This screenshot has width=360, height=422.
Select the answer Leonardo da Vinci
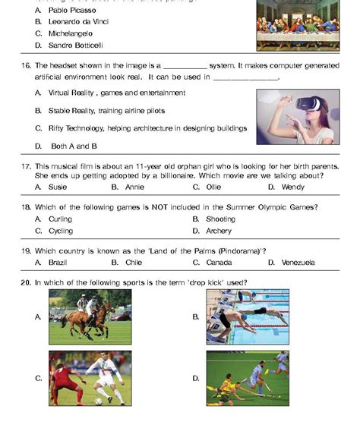[x=77, y=22]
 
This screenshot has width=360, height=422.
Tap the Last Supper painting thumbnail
[x=297, y=27]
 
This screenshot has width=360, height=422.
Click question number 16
[x=26, y=66]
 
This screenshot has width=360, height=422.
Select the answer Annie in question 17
[x=134, y=186]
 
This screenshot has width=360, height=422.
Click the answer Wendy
[x=292, y=186]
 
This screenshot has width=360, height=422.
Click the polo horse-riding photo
[x=90, y=316]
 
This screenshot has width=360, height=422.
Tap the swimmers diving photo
[x=248, y=316]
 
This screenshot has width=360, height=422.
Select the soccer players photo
[x=90, y=377]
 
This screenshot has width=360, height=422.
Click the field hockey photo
[x=248, y=377]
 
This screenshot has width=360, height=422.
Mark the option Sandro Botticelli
[x=75, y=45]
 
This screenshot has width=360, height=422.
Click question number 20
[x=26, y=282]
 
